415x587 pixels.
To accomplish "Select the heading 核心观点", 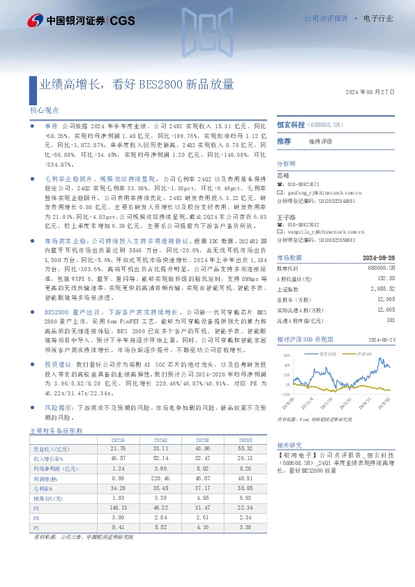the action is coord(44,110).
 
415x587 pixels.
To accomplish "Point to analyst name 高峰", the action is coord(282,175).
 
